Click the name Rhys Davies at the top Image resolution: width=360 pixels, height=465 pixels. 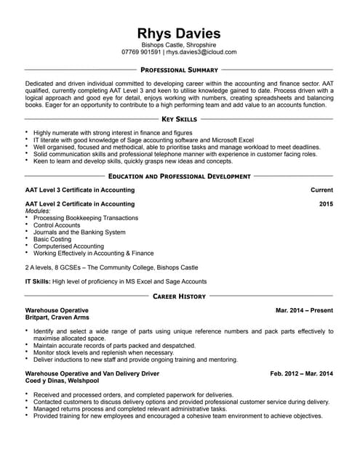(x=179, y=33)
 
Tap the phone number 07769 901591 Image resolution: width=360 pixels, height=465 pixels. (x=142, y=52)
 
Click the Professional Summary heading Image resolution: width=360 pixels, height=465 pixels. (x=179, y=70)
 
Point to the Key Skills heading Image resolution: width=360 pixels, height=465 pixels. (x=179, y=118)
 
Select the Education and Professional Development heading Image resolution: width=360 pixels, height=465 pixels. (x=179, y=177)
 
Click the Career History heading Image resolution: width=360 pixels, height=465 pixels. (x=179, y=296)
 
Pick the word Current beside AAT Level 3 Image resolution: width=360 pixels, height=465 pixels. (x=321, y=190)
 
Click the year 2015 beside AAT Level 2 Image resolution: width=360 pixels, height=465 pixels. (x=326, y=204)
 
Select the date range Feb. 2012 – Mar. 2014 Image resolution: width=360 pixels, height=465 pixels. (x=301, y=373)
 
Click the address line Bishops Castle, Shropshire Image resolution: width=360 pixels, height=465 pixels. (x=179, y=45)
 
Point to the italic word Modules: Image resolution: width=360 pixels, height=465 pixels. (x=39, y=211)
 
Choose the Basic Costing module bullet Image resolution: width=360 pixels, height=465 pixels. (x=52, y=239)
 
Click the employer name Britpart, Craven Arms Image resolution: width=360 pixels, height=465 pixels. (x=57, y=318)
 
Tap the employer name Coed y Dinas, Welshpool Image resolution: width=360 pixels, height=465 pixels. (x=62, y=381)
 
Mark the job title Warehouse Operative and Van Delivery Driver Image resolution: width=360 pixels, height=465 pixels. (x=92, y=373)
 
